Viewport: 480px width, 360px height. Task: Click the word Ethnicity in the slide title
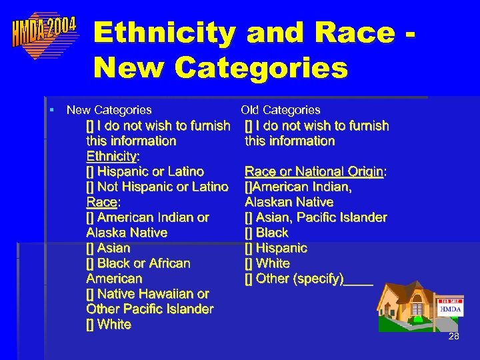click(164, 33)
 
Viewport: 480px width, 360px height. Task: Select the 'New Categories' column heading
click(109, 110)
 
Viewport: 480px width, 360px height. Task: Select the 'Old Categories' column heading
click(281, 110)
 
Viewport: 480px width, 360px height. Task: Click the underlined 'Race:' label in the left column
click(102, 202)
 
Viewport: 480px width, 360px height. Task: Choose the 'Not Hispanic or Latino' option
click(157, 187)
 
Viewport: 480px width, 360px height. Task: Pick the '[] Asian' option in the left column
click(109, 248)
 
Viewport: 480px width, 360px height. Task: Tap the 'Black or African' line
click(139, 263)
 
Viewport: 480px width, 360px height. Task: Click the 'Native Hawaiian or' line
click(147, 294)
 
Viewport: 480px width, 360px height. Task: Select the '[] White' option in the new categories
click(109, 325)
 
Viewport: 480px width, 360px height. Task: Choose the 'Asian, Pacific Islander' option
click(316, 217)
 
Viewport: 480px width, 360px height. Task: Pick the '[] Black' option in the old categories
click(267, 233)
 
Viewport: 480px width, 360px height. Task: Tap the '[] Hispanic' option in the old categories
click(276, 248)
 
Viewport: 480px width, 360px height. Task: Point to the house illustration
click(407, 306)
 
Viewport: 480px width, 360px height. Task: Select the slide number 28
click(453, 337)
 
